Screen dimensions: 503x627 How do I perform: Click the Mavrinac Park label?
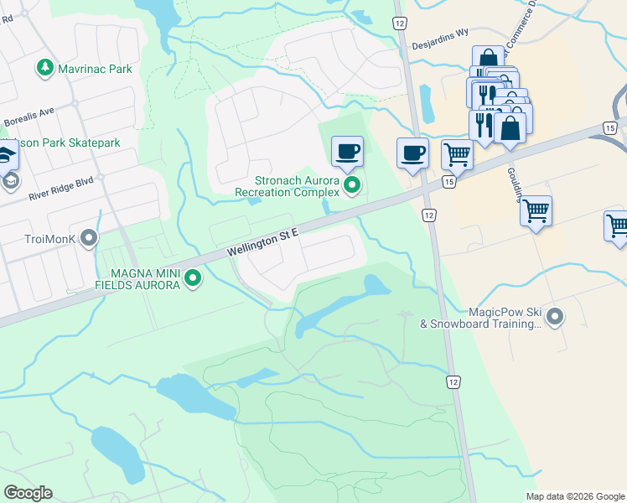coord(94,68)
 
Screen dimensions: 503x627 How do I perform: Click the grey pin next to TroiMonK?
coord(89,239)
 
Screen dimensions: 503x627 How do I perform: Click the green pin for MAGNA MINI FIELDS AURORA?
coord(193,277)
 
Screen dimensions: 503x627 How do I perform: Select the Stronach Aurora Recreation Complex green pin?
coord(352,184)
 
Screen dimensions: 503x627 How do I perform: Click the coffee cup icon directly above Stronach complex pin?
coord(347,152)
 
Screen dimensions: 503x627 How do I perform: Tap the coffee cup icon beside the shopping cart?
coord(412,153)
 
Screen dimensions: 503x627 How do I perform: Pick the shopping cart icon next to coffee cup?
coord(456,154)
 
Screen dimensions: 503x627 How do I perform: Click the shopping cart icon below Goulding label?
coord(535,210)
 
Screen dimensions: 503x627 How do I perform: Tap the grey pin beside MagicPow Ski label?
coord(554,316)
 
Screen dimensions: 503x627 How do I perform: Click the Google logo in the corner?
coord(28,493)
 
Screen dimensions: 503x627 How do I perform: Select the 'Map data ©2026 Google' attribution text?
coord(574,496)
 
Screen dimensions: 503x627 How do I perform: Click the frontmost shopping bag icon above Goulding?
coord(509,128)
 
